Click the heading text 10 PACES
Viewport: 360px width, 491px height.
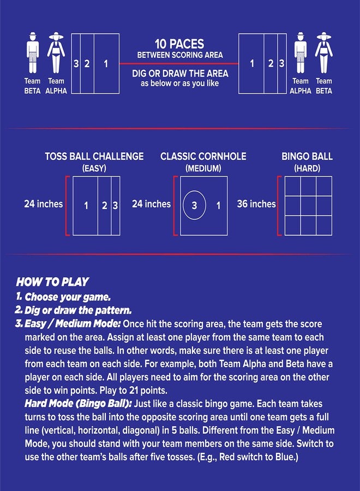click(179, 44)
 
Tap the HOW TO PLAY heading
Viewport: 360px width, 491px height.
click(52, 282)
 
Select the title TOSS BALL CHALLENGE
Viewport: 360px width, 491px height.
click(94, 156)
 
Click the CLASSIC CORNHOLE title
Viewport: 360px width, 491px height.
click(203, 156)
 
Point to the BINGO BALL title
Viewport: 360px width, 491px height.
click(307, 156)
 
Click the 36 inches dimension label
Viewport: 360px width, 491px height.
click(256, 204)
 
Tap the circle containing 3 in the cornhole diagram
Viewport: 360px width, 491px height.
click(194, 205)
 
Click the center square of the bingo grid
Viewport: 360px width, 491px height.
click(308, 206)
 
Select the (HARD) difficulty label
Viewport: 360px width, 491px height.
click(307, 169)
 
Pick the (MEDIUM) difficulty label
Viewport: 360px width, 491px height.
click(203, 169)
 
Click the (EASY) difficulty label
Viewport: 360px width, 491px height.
click(94, 169)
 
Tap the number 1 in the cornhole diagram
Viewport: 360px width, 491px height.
click(218, 206)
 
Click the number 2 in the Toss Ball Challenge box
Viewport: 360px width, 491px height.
click(105, 206)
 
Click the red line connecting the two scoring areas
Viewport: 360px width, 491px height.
click(179, 64)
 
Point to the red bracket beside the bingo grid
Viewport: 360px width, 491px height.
click(279, 206)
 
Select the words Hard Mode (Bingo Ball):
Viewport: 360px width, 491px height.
click(78, 403)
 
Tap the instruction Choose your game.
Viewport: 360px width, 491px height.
click(68, 297)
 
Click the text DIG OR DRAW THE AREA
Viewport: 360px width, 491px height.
click(180, 74)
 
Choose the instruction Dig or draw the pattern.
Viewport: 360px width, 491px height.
click(78, 310)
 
